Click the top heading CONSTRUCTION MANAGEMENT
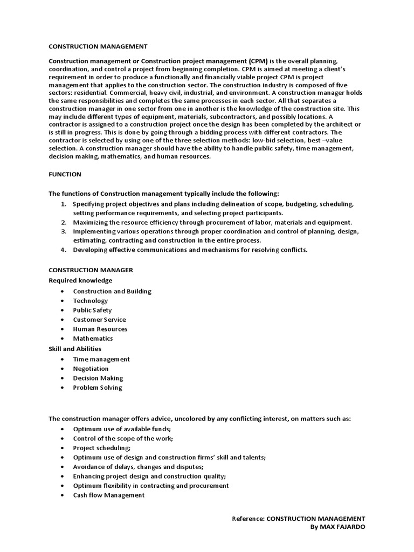[x=98, y=46]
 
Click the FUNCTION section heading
[x=65, y=174]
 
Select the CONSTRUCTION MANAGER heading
[x=91, y=270]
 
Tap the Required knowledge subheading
[x=80, y=280]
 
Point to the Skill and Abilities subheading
[x=75, y=349]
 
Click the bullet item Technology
[x=91, y=301]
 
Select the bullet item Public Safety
[x=93, y=310]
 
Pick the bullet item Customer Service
[x=100, y=320]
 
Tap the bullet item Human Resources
[x=100, y=329]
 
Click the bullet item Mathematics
[x=93, y=339]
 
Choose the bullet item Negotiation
[x=91, y=369]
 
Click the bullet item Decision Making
[x=98, y=378]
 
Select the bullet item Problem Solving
[x=98, y=388]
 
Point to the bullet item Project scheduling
[x=102, y=448]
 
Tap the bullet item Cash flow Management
[x=109, y=495]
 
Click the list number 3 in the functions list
[x=63, y=231]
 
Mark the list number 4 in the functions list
[x=63, y=250]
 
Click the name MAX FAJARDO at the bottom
[x=343, y=527]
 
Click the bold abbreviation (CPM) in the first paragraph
[x=251, y=61]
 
